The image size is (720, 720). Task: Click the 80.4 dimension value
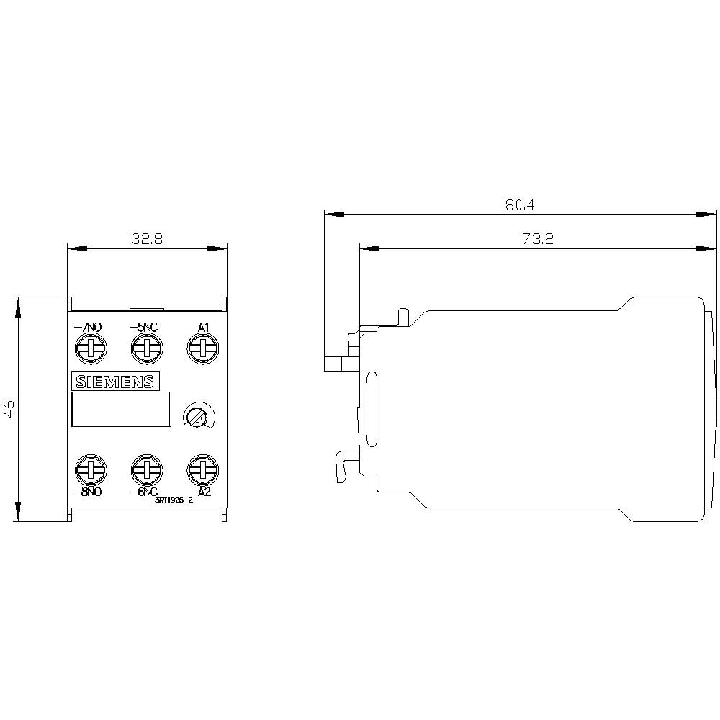coord(519,205)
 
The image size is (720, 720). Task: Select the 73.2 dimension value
coord(537,240)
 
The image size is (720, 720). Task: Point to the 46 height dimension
coord(9,409)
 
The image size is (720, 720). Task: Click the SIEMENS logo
coord(115,382)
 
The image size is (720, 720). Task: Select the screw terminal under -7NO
coord(89,349)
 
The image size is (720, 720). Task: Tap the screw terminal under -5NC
coord(145,349)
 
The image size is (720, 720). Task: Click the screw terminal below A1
coord(202,349)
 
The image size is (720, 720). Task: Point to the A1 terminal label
coord(203,328)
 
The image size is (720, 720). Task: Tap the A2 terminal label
coord(204,492)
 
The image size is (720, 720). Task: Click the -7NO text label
coord(89,328)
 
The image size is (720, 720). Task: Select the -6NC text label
coord(144,492)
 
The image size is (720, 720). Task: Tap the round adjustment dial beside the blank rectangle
coord(194,415)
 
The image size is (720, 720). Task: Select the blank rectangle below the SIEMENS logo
coord(121,410)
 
